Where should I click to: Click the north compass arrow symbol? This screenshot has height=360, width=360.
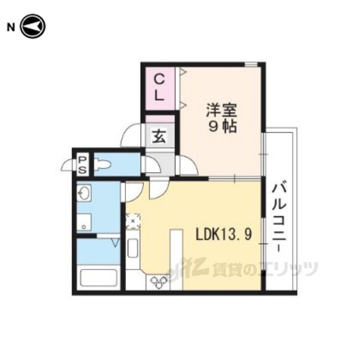(33, 26)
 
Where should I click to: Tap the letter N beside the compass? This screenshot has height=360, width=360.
(11, 28)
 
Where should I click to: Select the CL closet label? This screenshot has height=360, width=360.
(159, 88)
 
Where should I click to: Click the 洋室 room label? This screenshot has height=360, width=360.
(222, 111)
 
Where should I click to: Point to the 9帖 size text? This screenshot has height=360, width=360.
(222, 127)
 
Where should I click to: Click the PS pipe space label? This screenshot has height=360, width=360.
(82, 165)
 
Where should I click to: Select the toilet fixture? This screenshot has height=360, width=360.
(102, 164)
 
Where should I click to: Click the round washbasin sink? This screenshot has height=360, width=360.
(84, 193)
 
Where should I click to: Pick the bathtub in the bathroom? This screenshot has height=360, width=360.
(99, 278)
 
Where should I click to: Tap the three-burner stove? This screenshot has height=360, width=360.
(159, 282)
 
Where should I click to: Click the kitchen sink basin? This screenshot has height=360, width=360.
(133, 248)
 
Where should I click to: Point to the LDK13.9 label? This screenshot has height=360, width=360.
(224, 235)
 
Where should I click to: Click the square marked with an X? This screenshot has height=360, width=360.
(133, 221)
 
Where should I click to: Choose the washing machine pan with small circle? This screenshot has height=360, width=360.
(84, 222)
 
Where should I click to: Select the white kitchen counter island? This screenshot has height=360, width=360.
(176, 259)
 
